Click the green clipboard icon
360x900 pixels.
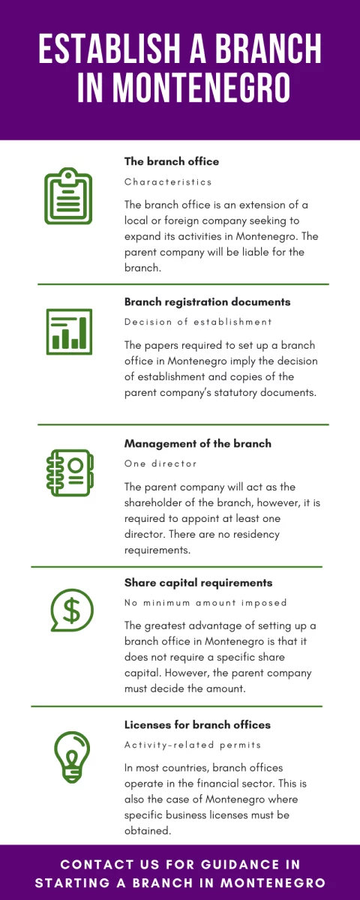click(x=68, y=196)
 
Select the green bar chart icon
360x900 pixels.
click(x=69, y=331)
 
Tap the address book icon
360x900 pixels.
click(x=70, y=472)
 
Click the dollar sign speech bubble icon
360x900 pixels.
click(x=72, y=610)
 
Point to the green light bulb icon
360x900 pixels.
click(x=72, y=757)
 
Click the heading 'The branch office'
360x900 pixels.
click(x=172, y=161)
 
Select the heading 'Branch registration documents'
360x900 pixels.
click(x=207, y=301)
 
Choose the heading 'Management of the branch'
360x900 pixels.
click(x=198, y=443)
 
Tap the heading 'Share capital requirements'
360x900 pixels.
click(x=199, y=583)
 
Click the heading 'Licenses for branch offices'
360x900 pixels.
click(x=197, y=724)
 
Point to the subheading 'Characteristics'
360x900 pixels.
click(x=168, y=182)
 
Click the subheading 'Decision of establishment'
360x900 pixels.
click(x=198, y=322)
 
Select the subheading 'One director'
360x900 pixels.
click(x=160, y=463)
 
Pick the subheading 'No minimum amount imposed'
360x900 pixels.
click(x=205, y=603)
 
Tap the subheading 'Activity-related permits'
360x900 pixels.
click(x=193, y=745)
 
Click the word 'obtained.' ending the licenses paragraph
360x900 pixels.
click(x=148, y=830)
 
